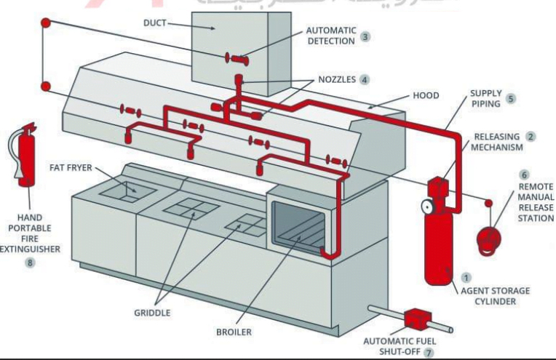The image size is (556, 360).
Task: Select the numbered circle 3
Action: point(367,36)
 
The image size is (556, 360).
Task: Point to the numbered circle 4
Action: point(365,81)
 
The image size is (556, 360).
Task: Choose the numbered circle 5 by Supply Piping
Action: point(511,99)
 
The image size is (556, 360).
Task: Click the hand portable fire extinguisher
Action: point(27,161)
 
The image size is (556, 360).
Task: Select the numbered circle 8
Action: point(31,263)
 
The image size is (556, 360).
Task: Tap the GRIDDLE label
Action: point(151,313)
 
